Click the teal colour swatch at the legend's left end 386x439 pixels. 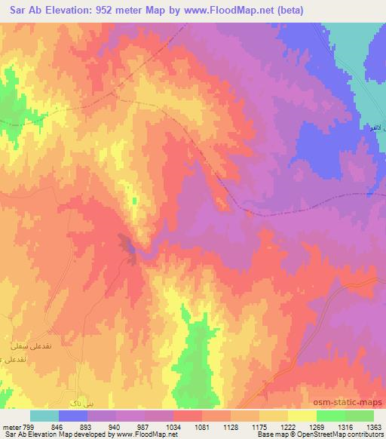tap(44, 416)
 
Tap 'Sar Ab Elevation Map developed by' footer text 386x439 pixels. tap(57, 434)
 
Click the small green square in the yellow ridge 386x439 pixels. tap(134, 200)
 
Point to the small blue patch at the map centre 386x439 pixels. tap(128, 245)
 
